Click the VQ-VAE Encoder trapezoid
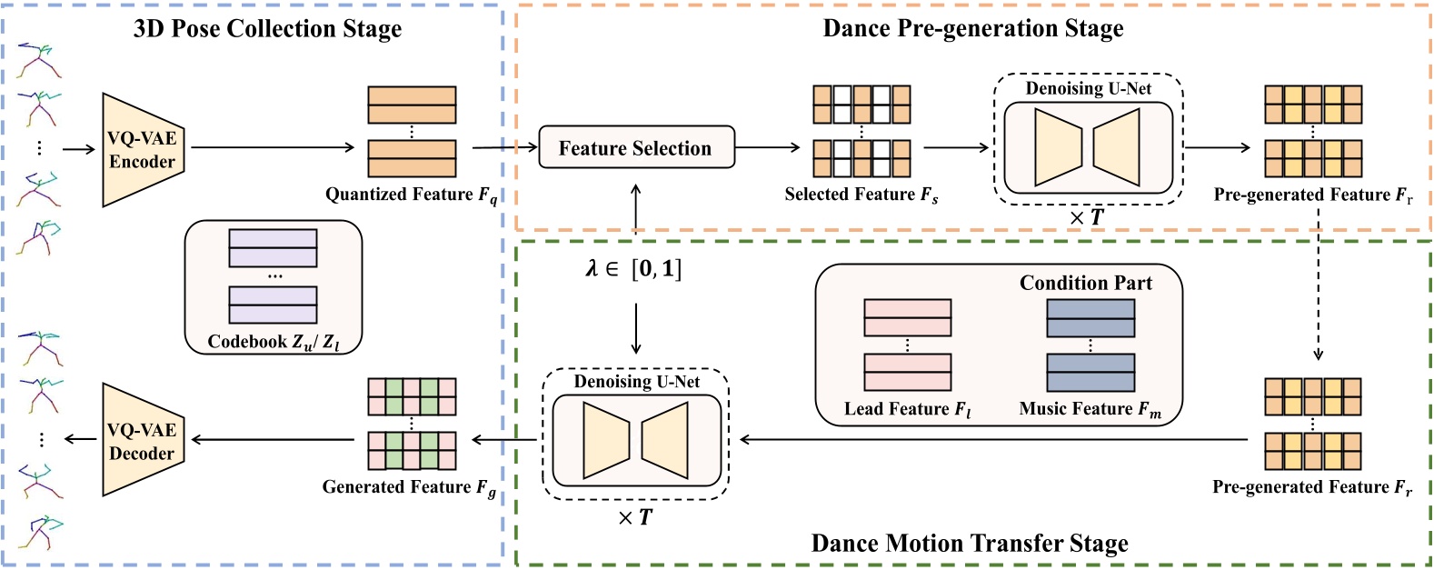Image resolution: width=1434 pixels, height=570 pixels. point(142,150)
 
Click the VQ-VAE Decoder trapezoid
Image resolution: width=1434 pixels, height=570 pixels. point(142,441)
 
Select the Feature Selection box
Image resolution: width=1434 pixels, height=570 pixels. point(635,147)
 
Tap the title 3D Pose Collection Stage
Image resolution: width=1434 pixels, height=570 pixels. point(267,29)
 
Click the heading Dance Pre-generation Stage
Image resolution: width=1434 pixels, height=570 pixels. point(972,29)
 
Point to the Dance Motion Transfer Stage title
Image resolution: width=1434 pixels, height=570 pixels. point(969,544)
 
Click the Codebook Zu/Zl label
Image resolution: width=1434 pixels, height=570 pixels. point(273,342)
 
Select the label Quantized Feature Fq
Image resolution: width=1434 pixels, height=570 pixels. point(411,195)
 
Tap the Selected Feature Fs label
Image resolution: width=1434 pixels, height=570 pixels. point(861,195)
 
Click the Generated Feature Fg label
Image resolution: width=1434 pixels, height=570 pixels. point(408,487)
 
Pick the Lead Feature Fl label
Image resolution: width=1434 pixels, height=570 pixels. point(907,409)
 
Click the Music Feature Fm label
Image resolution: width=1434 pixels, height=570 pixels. point(1090,409)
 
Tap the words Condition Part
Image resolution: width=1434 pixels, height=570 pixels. point(1085,283)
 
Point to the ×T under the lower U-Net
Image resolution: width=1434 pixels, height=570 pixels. point(634,518)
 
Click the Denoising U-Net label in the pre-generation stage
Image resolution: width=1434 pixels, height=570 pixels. point(1088,88)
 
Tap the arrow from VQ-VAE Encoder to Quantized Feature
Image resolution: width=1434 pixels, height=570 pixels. point(273,147)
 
